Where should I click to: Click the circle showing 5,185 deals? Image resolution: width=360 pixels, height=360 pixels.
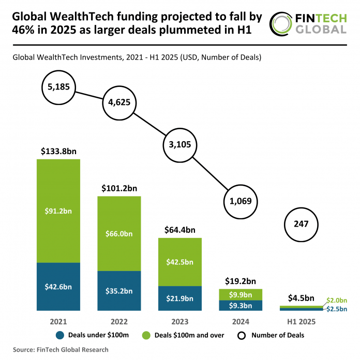coord(55,86)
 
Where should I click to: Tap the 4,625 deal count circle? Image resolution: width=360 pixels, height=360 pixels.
coord(117,102)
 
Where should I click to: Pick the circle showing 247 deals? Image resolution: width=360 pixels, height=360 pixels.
coord(301,224)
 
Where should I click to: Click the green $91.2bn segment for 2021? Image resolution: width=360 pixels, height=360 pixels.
coord(58,211)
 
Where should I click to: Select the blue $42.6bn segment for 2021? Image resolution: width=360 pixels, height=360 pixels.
coord(58,287)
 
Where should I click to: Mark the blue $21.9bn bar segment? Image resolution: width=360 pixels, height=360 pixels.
coord(179,298)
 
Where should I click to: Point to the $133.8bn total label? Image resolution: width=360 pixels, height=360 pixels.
coord(58,152)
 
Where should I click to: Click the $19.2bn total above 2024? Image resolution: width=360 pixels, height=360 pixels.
coord(241,281)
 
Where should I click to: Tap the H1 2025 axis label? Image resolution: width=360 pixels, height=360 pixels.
coord(301,321)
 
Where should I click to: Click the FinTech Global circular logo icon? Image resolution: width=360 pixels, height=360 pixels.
coord(282,24)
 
